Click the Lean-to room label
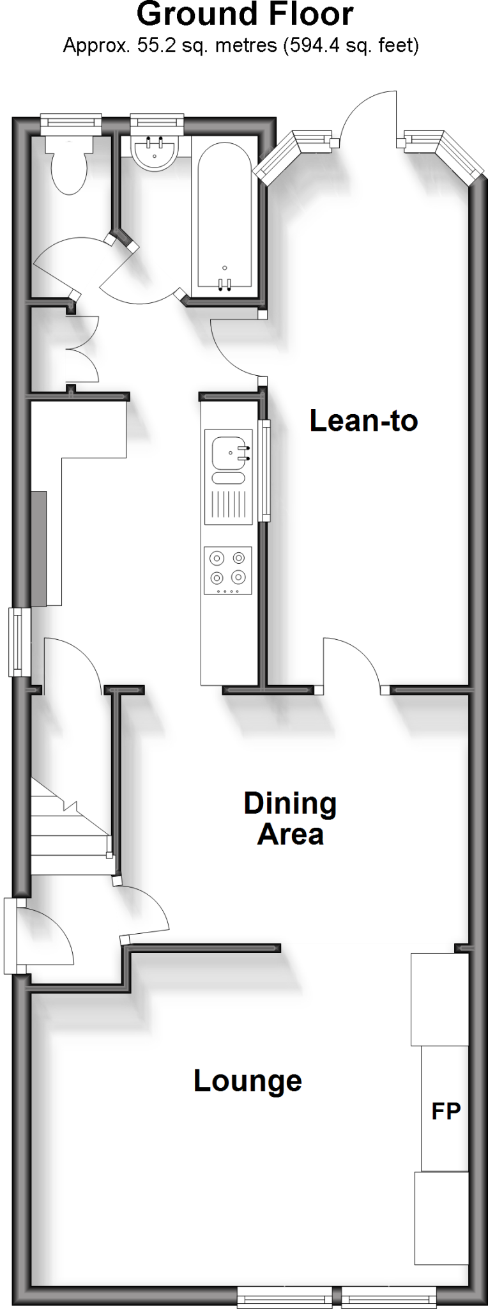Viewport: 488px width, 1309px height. (x=363, y=421)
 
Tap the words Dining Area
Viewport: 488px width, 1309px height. (x=290, y=819)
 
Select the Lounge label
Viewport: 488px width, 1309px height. (x=248, y=1081)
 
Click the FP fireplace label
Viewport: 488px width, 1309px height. (x=446, y=1111)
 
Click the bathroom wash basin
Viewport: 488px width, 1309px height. (x=153, y=153)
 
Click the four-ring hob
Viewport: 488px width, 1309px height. (x=228, y=569)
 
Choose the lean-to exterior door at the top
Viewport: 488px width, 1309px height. (x=370, y=115)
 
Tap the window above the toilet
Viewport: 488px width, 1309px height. (x=71, y=123)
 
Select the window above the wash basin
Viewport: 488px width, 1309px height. (x=157, y=123)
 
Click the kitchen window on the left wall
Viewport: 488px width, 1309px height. (x=20, y=642)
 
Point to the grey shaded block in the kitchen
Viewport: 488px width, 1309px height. (x=39, y=548)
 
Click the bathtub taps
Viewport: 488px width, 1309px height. (x=224, y=284)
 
